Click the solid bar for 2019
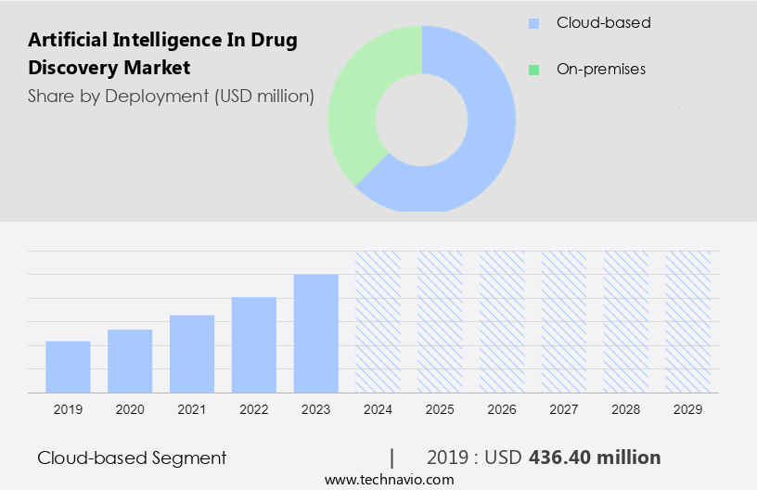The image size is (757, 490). point(68,367)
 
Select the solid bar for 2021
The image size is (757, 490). point(192,354)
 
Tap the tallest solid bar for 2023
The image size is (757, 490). point(315,333)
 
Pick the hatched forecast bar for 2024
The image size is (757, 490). point(378,321)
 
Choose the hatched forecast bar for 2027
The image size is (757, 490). point(564,321)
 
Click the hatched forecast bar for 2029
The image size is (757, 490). point(687,321)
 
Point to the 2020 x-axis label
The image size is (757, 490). point(130,409)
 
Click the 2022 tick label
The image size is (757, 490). point(254,409)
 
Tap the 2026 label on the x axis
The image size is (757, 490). point(502,409)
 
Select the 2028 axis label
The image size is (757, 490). point(626,409)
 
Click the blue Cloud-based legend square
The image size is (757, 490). point(532,23)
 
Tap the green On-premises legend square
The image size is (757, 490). point(532,70)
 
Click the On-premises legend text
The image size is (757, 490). point(600,70)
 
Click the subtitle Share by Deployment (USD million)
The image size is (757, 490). point(171,96)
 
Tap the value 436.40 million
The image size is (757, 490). point(595,458)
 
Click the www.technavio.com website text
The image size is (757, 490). point(389,480)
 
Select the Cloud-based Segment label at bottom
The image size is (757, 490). point(132,458)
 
